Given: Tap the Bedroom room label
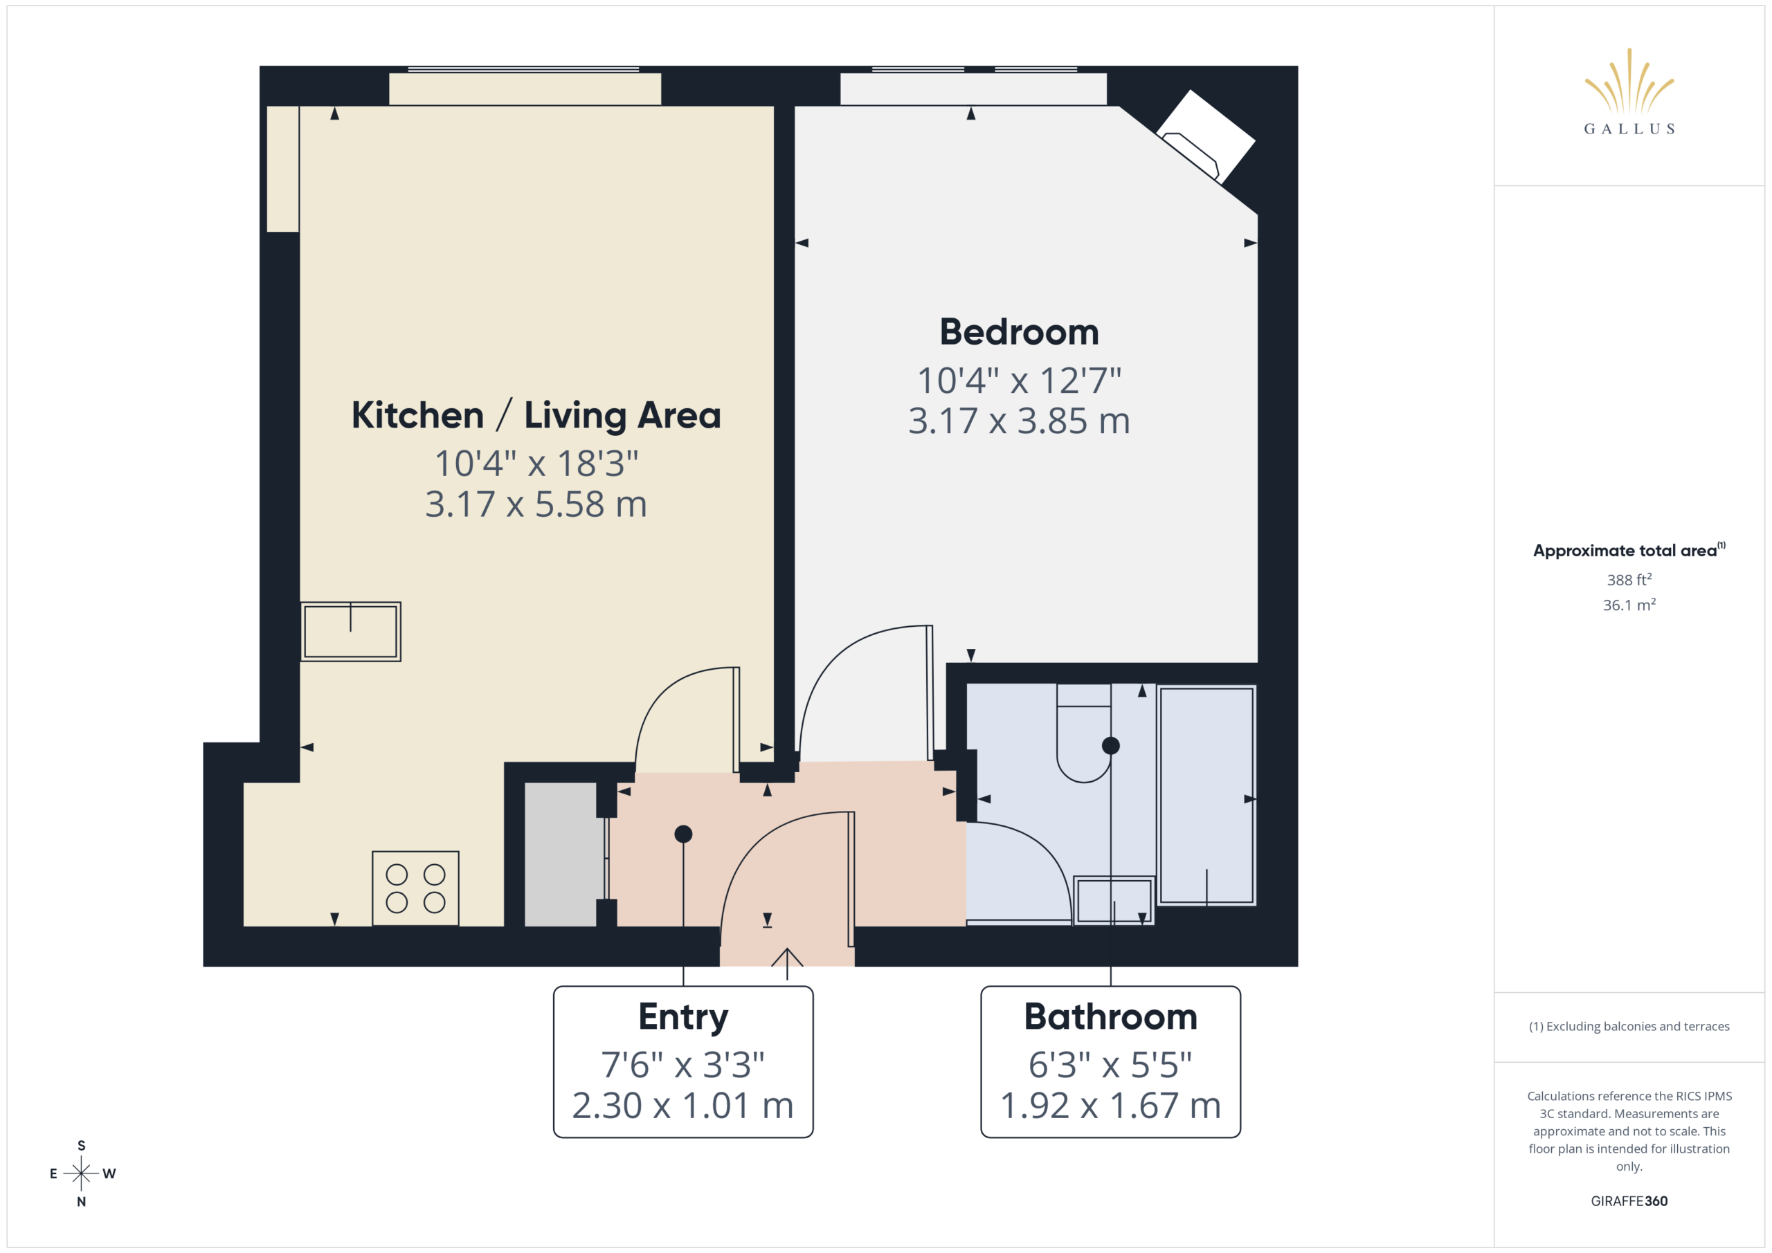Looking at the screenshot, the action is click(1019, 332).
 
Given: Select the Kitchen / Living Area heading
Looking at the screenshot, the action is click(536, 415).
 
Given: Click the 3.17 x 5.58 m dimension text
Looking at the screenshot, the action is click(536, 504).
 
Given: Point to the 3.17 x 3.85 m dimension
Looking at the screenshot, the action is click(1019, 421).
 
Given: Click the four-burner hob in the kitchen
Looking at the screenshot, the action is click(415, 888).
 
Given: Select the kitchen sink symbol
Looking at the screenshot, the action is click(350, 631).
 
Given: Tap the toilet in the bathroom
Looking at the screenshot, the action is click(1083, 733).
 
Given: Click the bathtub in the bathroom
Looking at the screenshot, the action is click(1206, 795).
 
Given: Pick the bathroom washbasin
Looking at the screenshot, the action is click(1114, 899).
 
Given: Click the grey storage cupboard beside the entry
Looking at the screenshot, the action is click(561, 854).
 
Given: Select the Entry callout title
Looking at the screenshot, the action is click(683, 1017).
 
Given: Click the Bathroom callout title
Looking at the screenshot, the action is click(1110, 1017).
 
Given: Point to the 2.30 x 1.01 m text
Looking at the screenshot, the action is click(683, 1106).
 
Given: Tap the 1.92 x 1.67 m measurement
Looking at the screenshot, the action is click(1110, 1106).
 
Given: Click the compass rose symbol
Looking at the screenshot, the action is click(81, 1173).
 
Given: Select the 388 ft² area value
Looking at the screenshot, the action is click(1629, 579).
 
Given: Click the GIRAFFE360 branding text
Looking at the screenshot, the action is click(1629, 1201).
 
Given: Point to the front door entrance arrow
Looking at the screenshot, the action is click(787, 964).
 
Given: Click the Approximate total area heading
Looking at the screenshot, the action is click(1629, 550).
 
